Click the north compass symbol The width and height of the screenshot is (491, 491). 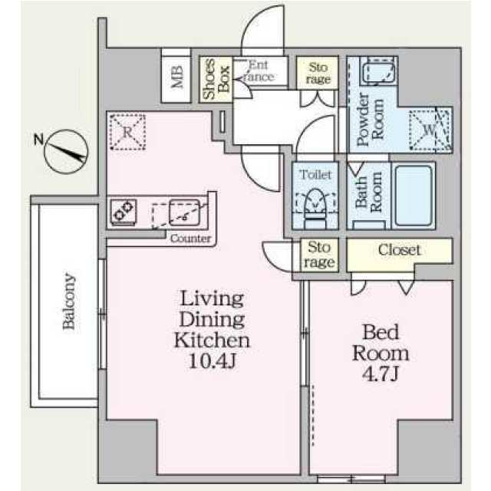(x=65, y=152)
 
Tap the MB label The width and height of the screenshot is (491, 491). (x=176, y=77)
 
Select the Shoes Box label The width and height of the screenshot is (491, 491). (x=216, y=79)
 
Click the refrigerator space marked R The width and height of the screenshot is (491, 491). (x=127, y=132)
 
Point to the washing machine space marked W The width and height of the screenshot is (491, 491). (x=430, y=130)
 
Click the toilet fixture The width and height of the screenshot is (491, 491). (x=315, y=208)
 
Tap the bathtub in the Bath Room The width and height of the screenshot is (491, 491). (x=414, y=196)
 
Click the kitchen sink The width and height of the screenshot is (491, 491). (x=184, y=213)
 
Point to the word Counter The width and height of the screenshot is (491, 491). (x=191, y=239)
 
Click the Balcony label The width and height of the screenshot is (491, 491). (x=69, y=302)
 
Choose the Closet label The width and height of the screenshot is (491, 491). (x=399, y=250)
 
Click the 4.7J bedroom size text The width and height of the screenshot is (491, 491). (x=381, y=374)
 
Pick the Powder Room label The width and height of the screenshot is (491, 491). (x=370, y=120)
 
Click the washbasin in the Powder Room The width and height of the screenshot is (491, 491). (x=378, y=71)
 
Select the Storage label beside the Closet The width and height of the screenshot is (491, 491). (x=319, y=255)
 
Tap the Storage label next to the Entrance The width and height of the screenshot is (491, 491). (x=318, y=74)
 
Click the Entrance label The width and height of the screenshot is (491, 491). (x=259, y=71)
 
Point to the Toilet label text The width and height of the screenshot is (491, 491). (x=315, y=175)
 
